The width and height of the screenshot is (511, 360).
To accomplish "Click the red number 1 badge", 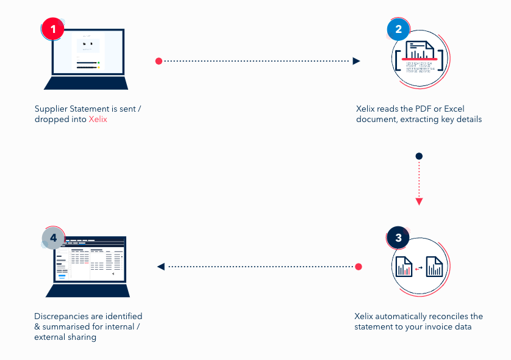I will (53, 29).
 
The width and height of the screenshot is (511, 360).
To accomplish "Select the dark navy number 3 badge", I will (399, 238).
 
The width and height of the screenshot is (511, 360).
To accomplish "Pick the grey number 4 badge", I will (53, 238).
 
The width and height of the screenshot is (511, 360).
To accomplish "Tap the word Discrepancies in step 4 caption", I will (60, 316).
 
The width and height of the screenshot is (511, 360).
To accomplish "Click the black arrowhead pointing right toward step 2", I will (357, 61).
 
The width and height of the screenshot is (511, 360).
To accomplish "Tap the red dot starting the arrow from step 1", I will (159, 61).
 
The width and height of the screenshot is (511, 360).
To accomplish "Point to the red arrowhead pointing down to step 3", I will (419, 201).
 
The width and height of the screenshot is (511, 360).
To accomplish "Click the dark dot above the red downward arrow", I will (419, 156).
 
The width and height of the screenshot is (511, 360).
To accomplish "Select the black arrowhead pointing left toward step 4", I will (160, 267).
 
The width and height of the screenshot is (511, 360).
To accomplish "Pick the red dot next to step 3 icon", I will (359, 267).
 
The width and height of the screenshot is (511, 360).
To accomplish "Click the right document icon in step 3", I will (434, 267).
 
